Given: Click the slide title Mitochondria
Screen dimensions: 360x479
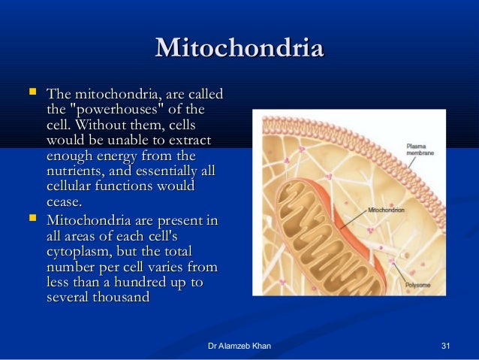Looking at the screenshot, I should [x=239, y=49].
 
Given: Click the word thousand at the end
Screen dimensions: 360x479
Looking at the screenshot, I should [x=121, y=298].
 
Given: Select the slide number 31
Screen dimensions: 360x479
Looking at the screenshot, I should [x=447, y=346].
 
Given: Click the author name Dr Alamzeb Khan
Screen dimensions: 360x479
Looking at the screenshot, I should [x=239, y=346].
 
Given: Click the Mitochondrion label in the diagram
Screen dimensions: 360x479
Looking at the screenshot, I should [x=387, y=210].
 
